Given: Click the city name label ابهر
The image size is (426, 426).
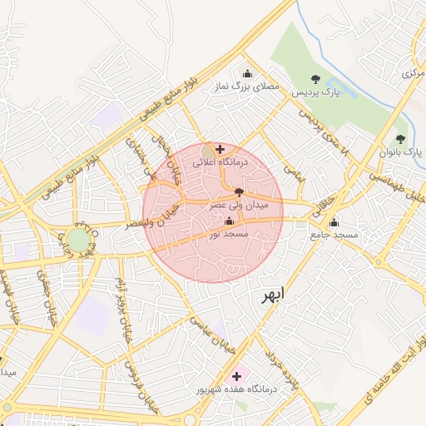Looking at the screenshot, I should [x=270, y=296].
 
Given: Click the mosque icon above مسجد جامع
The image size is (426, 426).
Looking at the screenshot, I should [x=334, y=222].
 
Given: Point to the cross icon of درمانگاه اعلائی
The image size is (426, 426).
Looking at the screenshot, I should [x=219, y=149].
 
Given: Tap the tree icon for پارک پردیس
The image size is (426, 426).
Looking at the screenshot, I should [x=314, y=79].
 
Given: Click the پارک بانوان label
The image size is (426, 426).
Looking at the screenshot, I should [x=401, y=153].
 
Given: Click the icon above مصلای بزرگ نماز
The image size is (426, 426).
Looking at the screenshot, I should [x=245, y=72].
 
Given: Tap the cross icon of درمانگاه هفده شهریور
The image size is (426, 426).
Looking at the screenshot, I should [x=237, y=376].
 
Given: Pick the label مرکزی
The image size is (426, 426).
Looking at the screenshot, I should [x=413, y=74].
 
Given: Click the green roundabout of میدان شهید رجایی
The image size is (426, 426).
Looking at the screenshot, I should [x=78, y=241].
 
